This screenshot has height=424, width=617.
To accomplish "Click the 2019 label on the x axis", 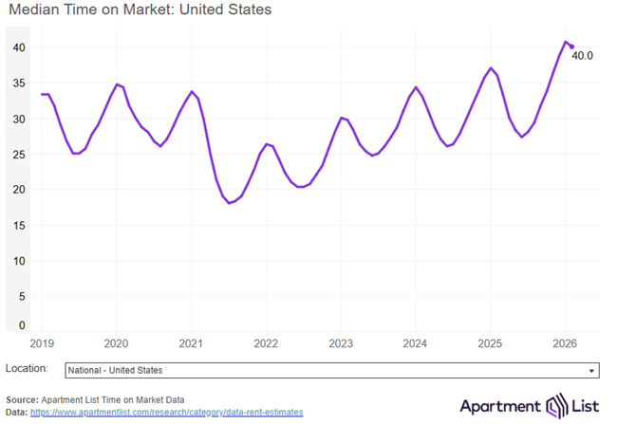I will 43,343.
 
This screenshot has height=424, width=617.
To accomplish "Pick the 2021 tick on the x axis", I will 191,343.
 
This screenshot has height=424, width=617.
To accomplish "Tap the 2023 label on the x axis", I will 341,343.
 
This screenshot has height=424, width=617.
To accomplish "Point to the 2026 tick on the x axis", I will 565,343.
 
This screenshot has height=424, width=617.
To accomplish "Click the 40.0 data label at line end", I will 582,56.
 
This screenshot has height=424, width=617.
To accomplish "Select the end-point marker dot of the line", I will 570,46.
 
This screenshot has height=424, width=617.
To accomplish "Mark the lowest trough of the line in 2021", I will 229,203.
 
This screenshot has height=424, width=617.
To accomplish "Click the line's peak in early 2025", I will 490,68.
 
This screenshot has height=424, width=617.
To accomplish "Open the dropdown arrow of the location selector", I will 592,371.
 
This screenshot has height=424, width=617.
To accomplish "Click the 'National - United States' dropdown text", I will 114,371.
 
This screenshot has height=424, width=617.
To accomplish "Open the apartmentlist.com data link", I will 167,413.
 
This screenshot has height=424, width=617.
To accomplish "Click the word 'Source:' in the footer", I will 24,399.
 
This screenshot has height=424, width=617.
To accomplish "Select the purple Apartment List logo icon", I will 554,407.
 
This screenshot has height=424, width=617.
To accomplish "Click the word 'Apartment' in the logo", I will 499,407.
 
